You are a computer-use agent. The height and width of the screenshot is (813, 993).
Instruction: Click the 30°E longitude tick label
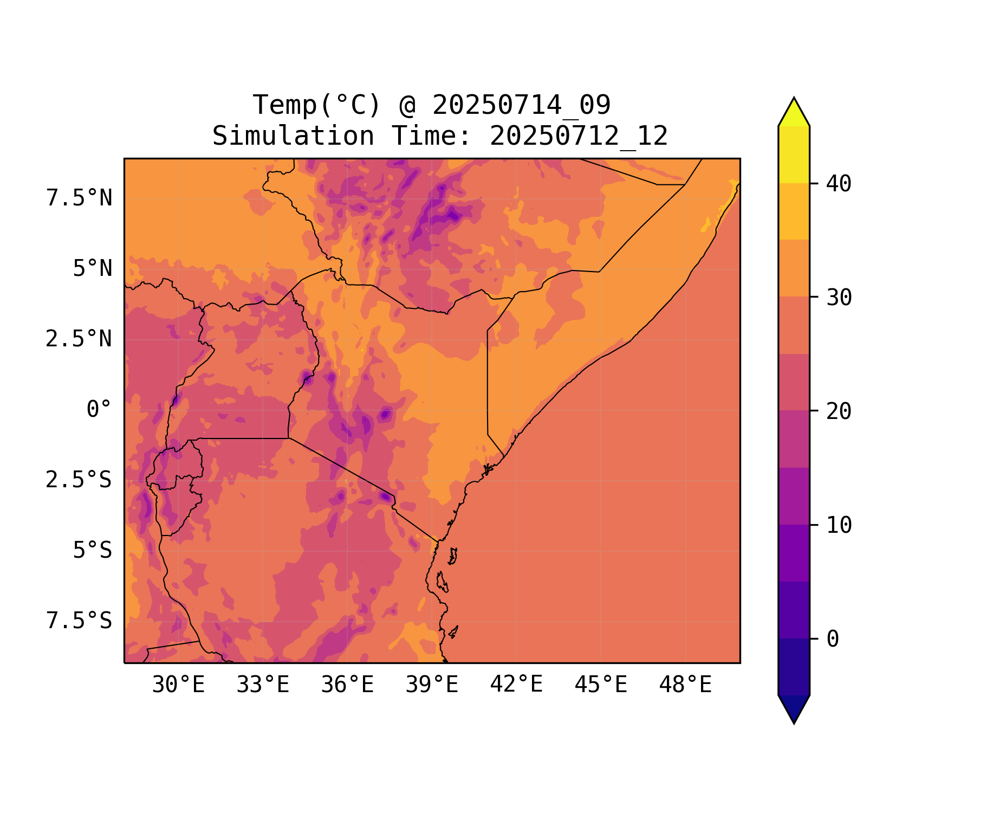click(x=178, y=685)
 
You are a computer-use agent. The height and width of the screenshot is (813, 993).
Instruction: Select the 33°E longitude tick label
click(x=263, y=685)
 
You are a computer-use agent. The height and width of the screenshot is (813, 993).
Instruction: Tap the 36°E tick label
click(x=347, y=685)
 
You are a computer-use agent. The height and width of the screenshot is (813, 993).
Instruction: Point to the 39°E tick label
click(x=432, y=685)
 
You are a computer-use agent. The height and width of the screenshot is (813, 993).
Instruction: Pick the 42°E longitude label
click(x=516, y=685)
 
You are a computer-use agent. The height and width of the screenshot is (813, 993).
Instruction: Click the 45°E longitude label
click(x=601, y=685)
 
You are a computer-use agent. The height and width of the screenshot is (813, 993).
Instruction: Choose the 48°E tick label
click(x=685, y=685)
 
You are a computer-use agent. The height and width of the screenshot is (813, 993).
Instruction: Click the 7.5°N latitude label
click(x=79, y=198)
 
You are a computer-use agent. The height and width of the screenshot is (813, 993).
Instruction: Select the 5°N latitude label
click(x=93, y=269)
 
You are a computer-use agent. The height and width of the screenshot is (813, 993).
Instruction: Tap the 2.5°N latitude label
click(x=79, y=339)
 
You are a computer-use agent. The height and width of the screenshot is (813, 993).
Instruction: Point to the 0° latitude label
click(x=99, y=410)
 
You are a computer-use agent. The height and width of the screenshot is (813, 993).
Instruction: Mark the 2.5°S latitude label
click(x=79, y=480)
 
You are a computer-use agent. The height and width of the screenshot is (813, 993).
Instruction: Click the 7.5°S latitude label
click(x=79, y=621)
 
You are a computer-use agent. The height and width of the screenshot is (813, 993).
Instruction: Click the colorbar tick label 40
click(x=839, y=184)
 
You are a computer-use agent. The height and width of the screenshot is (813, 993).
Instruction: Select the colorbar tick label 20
click(x=839, y=411)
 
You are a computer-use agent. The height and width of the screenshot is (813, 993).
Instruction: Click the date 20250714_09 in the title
click(x=521, y=105)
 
